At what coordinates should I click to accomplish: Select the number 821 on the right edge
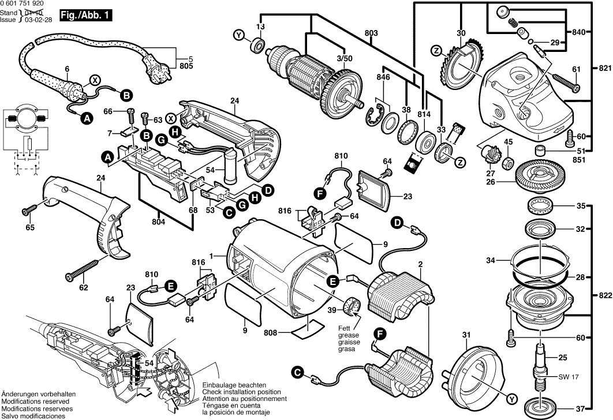(604, 67)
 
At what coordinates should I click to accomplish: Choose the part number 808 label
(270, 333)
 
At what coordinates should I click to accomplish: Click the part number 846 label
(383, 77)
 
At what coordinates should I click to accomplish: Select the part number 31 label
(466, 335)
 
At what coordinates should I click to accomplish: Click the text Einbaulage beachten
(234, 384)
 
